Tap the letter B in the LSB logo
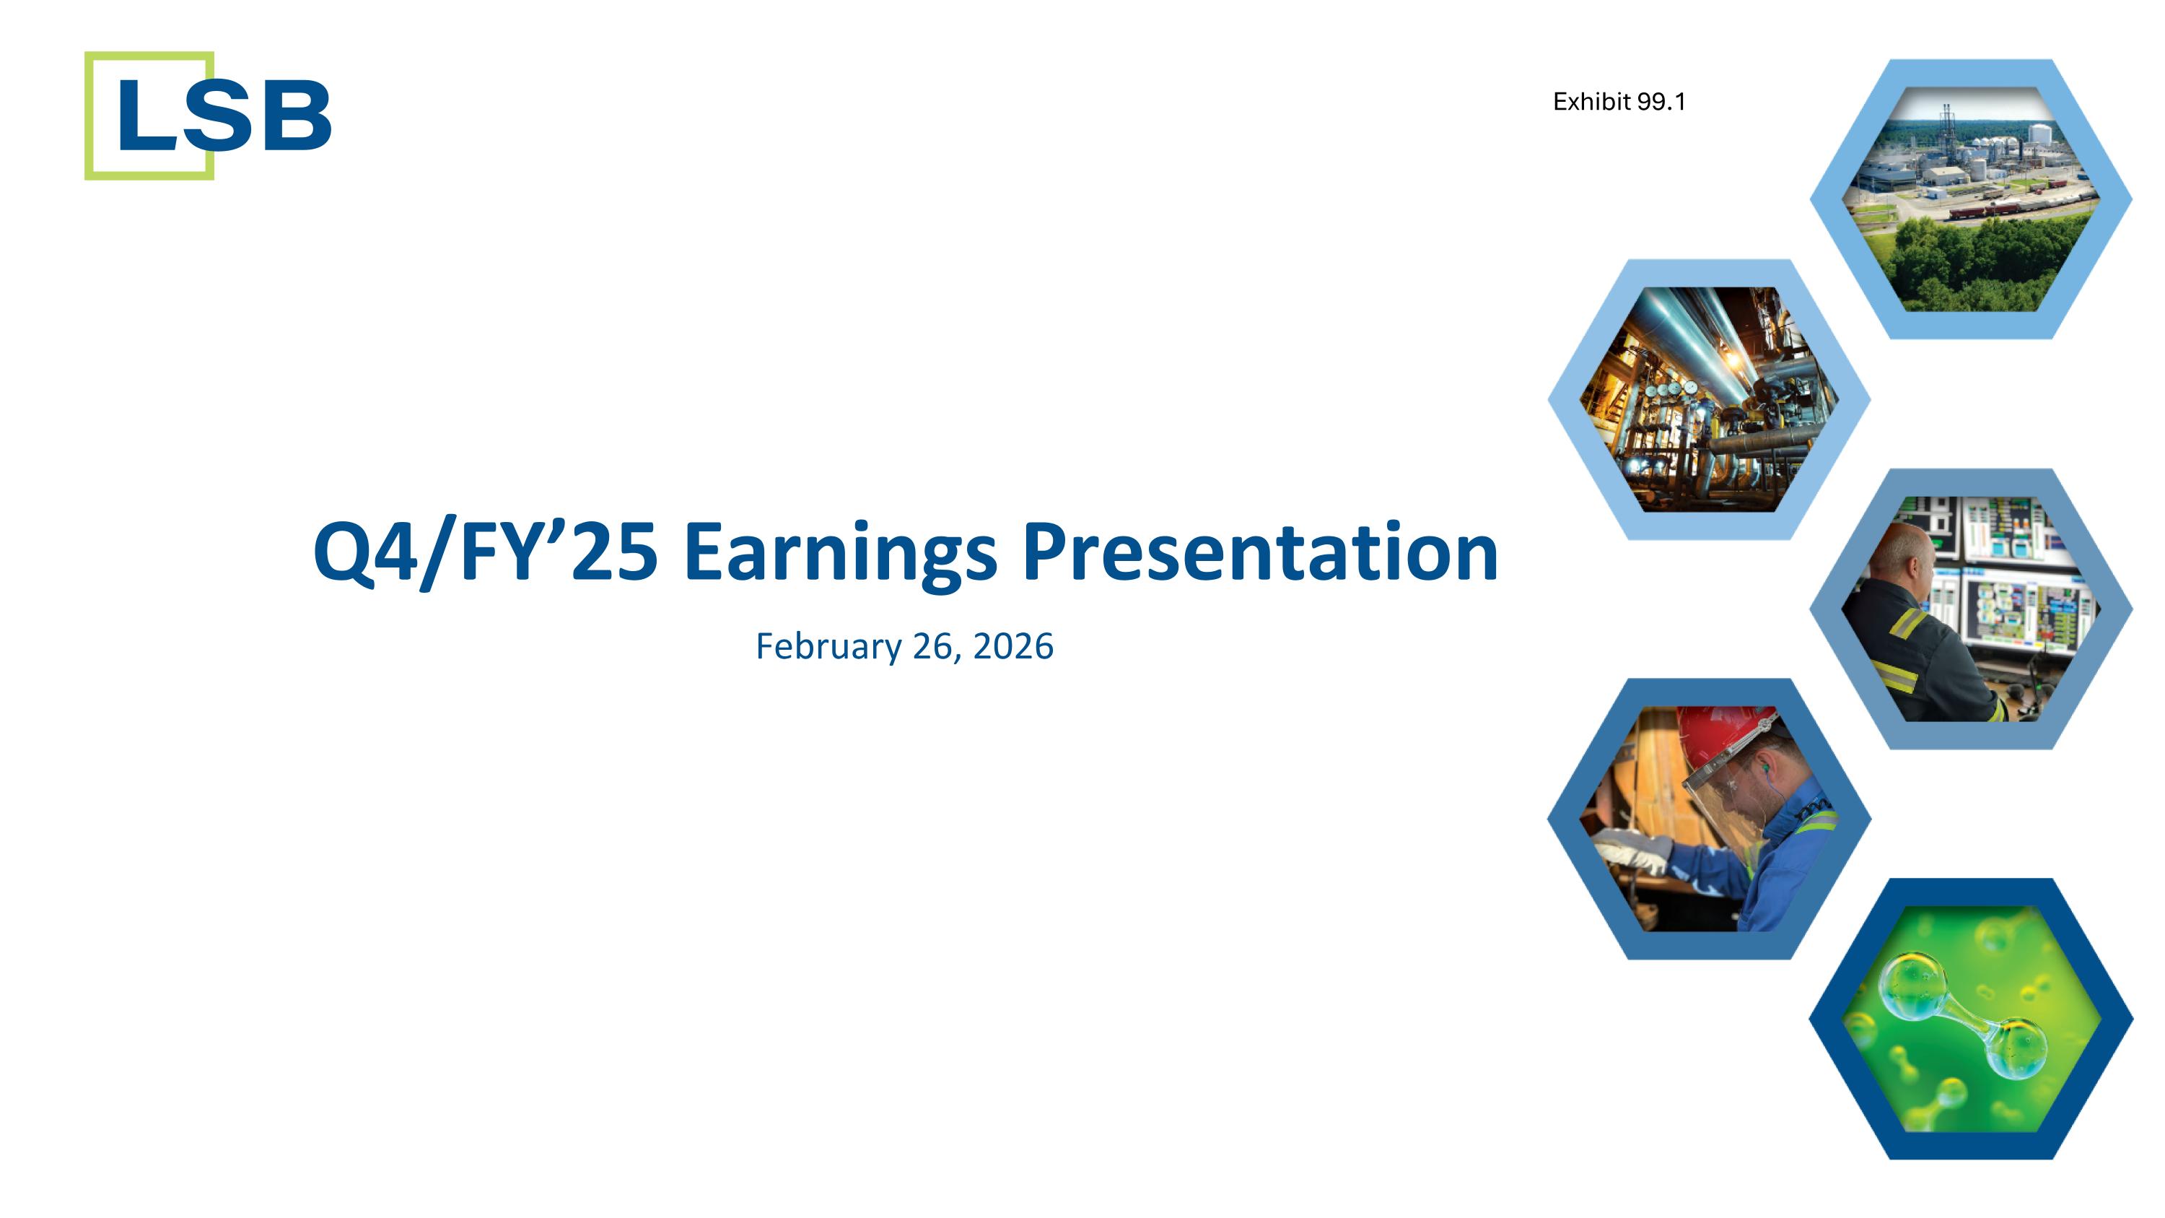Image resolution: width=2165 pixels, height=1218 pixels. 297,116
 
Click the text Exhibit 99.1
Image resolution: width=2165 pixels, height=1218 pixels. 1619,102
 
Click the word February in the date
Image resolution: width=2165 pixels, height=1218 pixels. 828,646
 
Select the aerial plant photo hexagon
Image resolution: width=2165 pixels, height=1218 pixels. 1970,199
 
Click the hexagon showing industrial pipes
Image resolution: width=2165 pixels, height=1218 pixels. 1709,399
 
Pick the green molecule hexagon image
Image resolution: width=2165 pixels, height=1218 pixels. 1970,1019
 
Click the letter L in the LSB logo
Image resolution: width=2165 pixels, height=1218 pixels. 146,116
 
